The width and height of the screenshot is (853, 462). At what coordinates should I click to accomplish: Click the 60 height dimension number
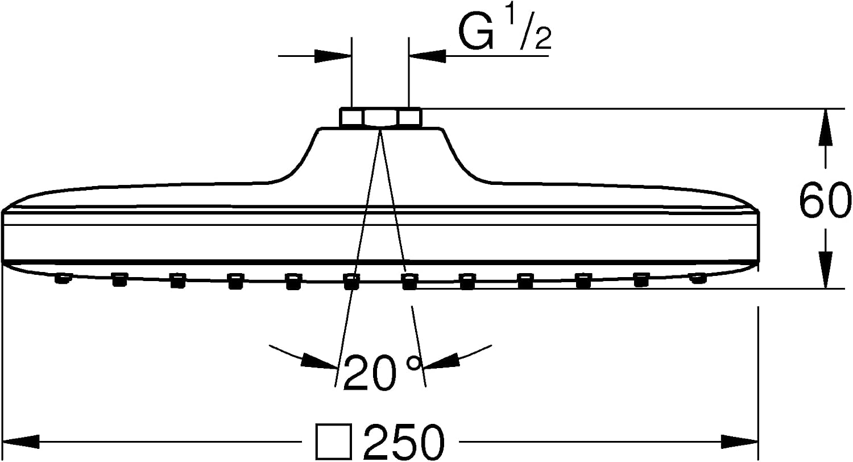pos(825,200)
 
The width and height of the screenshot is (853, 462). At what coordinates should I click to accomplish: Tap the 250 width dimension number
pos(404,442)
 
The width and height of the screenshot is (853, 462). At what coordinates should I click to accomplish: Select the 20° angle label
pos(383,373)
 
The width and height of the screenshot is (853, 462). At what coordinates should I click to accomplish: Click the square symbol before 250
pos(333,442)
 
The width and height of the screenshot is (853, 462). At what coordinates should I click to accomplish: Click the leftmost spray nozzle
pos(63,278)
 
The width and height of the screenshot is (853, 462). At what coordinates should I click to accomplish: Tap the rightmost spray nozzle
pos(697,278)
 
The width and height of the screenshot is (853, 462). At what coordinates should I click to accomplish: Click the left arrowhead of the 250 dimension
pos(21,442)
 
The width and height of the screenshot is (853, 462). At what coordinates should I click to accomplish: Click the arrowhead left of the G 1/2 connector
pos(333,56)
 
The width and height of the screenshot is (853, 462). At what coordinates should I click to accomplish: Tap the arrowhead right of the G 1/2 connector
pos(427,56)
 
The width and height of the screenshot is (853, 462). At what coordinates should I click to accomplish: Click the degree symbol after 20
pos(415,364)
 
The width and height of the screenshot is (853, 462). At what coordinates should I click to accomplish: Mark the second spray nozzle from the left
pos(119,279)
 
